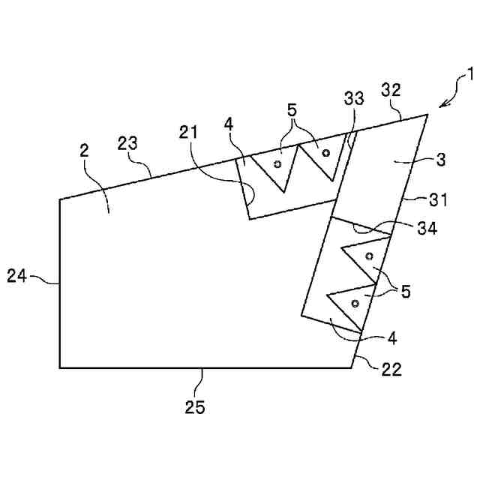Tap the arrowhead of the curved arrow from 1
point(440,106)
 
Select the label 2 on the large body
point(85,150)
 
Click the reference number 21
point(190,132)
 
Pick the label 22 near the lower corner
point(391,369)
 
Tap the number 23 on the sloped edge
point(127,144)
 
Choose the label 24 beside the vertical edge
point(17,276)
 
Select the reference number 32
point(391,90)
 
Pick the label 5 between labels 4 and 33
point(292,109)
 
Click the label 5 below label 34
point(405,291)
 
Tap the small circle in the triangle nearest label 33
point(325,153)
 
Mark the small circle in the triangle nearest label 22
point(354,303)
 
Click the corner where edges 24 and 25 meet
point(60,367)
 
